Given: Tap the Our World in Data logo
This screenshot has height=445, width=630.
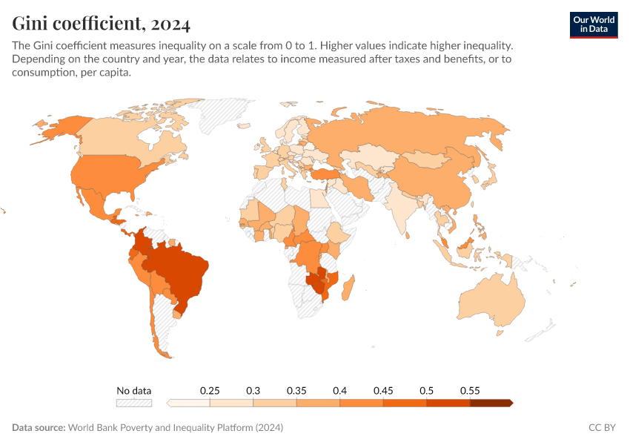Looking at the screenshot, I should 594,24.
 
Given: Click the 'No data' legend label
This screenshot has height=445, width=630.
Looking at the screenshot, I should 133,390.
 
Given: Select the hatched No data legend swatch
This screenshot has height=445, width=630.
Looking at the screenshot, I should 133,403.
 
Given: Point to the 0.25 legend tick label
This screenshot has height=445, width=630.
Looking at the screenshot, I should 210,390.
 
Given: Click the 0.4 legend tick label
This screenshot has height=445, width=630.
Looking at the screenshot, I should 340,390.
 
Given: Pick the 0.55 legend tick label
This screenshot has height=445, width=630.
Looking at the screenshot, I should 470,390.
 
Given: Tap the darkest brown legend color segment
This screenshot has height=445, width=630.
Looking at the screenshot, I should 491,403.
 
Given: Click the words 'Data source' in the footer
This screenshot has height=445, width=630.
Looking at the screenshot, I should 39,428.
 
